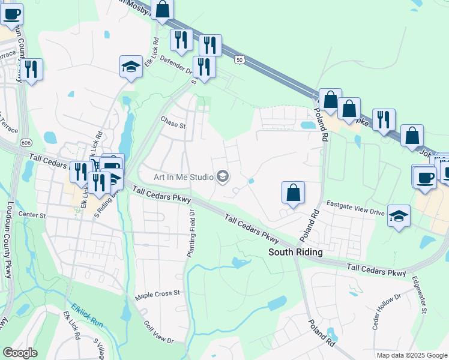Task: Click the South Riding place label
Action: point(295,252)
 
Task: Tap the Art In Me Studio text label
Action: point(184,177)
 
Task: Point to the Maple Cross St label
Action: point(158,294)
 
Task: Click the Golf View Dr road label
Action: point(158,332)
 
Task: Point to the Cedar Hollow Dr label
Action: point(386,312)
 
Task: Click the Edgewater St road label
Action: point(418,295)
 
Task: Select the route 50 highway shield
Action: point(240,60)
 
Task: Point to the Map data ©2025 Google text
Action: point(411,355)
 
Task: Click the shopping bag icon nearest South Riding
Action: point(293,193)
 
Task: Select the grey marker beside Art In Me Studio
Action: point(223,176)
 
